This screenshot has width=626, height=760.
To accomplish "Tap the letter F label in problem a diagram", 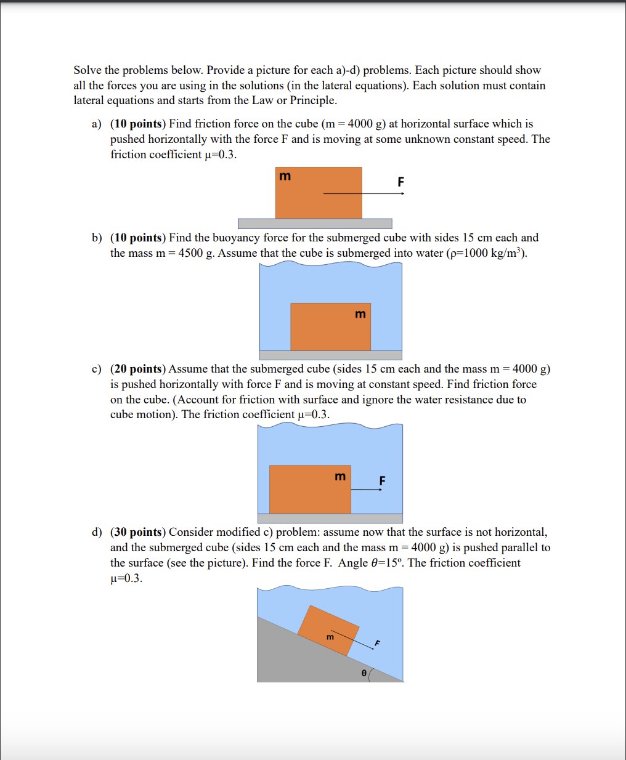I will (400, 182).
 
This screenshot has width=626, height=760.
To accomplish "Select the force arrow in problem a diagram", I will (364, 193).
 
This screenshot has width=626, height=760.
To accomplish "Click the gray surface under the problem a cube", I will (315, 224).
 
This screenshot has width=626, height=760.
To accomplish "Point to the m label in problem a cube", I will (285, 177).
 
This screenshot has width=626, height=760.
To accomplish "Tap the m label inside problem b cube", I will (360, 315).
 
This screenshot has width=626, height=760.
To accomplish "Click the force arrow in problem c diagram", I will (367, 490).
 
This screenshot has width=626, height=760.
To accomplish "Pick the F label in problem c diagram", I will (382, 480).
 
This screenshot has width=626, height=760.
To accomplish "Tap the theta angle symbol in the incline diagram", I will (364, 674).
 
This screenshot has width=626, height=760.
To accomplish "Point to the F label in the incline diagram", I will (378, 644).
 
